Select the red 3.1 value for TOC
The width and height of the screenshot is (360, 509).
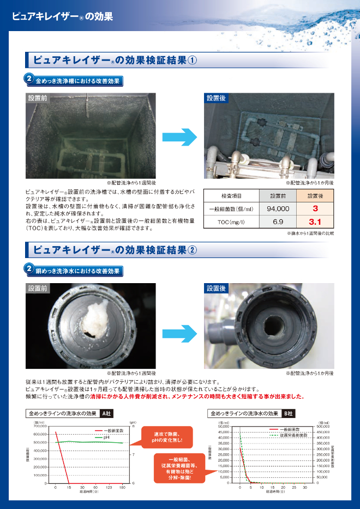point(315,222)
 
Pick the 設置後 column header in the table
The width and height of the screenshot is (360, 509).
point(315,196)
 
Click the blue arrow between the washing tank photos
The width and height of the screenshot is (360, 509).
point(179,137)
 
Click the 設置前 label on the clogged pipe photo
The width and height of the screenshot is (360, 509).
point(38,288)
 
